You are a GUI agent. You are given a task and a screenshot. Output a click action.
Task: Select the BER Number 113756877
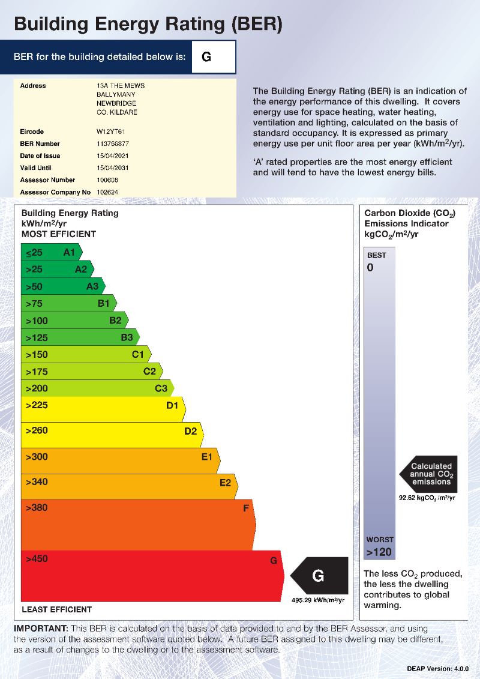[x=113, y=144]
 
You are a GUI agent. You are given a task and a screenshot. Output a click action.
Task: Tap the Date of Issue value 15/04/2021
[x=112, y=156]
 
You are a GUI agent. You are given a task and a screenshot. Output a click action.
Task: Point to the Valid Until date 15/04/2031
[x=112, y=168]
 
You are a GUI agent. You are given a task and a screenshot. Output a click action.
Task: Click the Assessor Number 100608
[x=108, y=180]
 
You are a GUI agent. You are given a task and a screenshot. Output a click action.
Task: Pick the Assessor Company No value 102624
[x=108, y=192]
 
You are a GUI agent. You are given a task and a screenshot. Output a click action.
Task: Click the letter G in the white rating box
[x=206, y=57]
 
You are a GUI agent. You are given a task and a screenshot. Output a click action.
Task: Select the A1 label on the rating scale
[x=70, y=253]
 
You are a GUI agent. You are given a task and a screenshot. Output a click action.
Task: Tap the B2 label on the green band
[x=115, y=321]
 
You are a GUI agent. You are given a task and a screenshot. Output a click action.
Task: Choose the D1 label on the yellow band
[x=172, y=406]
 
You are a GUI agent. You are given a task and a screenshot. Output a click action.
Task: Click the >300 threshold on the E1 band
[x=37, y=457]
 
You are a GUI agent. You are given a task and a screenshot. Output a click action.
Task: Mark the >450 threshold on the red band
[x=37, y=560]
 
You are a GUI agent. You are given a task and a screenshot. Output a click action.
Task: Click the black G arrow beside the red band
[x=320, y=576]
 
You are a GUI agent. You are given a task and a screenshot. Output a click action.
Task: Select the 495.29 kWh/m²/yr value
[x=318, y=600]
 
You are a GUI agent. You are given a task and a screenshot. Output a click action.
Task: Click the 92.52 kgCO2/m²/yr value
[x=427, y=498]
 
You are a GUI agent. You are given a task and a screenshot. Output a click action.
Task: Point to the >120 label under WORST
[x=379, y=552]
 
